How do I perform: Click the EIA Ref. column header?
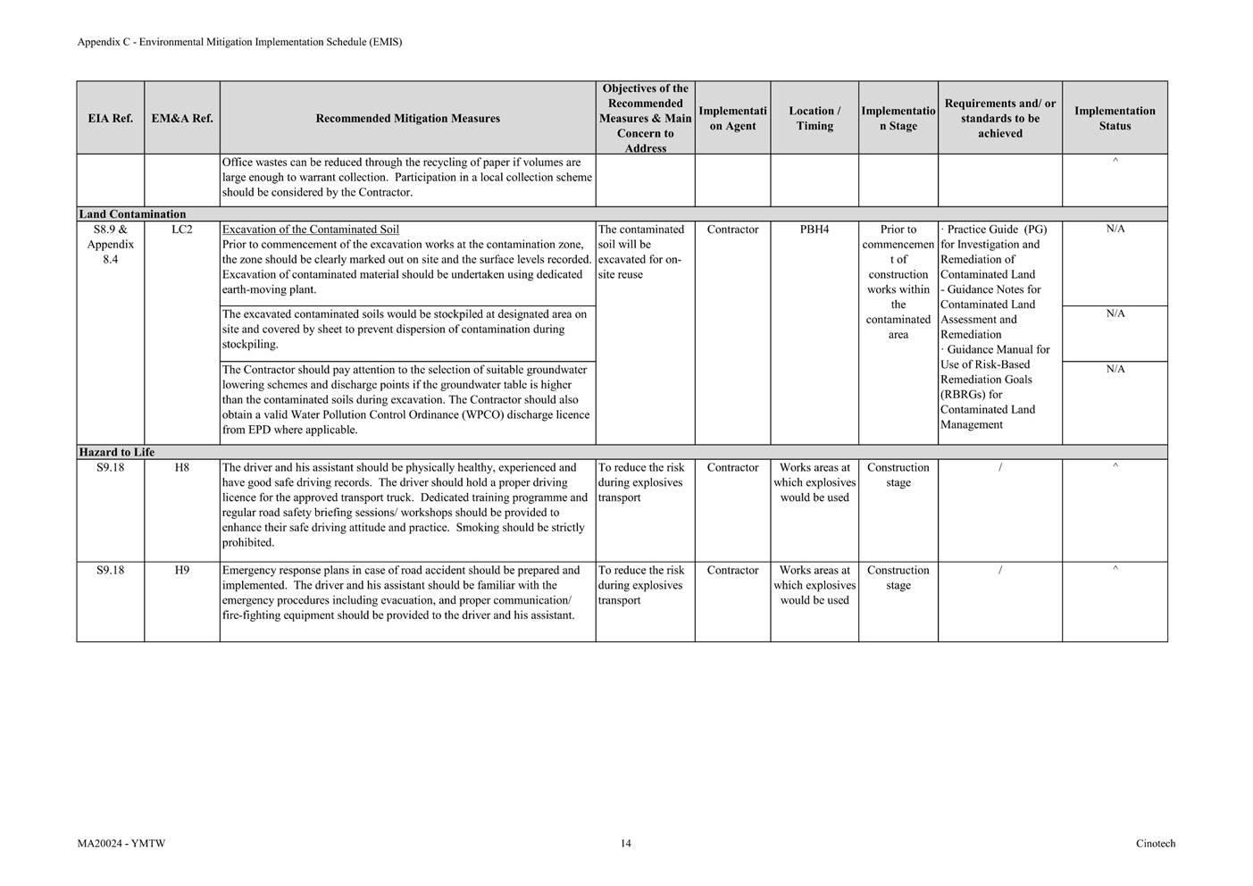click(x=110, y=118)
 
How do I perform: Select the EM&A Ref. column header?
click(x=182, y=118)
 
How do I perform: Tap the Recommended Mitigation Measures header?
click(x=407, y=118)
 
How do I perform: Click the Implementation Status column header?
click(x=1114, y=118)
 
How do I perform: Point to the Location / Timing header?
click(x=814, y=118)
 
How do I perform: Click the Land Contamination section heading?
click(x=132, y=214)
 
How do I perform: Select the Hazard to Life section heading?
click(x=116, y=452)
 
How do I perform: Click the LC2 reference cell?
click(x=182, y=230)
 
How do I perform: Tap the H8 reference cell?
click(x=182, y=467)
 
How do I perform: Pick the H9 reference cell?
click(x=182, y=570)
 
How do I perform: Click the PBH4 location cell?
click(x=814, y=230)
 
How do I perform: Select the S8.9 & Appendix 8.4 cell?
click(x=110, y=244)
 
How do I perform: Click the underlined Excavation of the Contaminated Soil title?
click(x=310, y=230)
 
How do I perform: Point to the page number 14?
click(x=625, y=843)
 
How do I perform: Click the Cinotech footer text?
click(x=1156, y=843)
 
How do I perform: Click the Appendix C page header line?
click(x=239, y=42)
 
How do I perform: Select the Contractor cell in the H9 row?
click(x=732, y=570)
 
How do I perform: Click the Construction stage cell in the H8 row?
click(x=898, y=474)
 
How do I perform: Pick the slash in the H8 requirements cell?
click(x=999, y=468)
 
